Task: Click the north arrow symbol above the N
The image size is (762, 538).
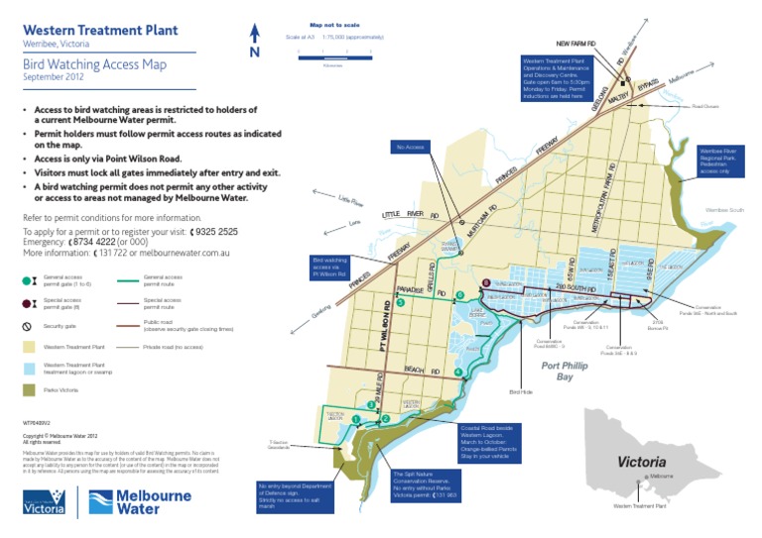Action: pyautogui.click(x=254, y=33)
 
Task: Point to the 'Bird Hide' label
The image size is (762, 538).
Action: pyautogui.click(x=521, y=392)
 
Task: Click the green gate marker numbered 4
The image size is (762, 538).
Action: pyautogui.click(x=458, y=373)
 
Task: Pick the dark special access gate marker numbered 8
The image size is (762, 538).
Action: pyautogui.click(x=485, y=283)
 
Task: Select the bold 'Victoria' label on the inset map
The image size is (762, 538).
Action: pyautogui.click(x=648, y=461)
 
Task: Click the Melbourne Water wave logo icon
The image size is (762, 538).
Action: pyautogui.click(x=100, y=501)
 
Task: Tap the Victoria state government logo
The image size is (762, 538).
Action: pyautogui.click(x=47, y=501)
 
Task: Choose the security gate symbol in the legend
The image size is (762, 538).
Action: pyautogui.click(x=28, y=325)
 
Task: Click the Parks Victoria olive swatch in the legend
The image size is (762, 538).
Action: pyautogui.click(x=28, y=390)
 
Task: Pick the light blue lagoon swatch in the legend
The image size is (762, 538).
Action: pyautogui.click(x=28, y=369)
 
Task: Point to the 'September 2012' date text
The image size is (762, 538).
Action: pyautogui.click(x=56, y=76)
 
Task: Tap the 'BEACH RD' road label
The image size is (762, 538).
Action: pyautogui.click(x=414, y=369)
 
